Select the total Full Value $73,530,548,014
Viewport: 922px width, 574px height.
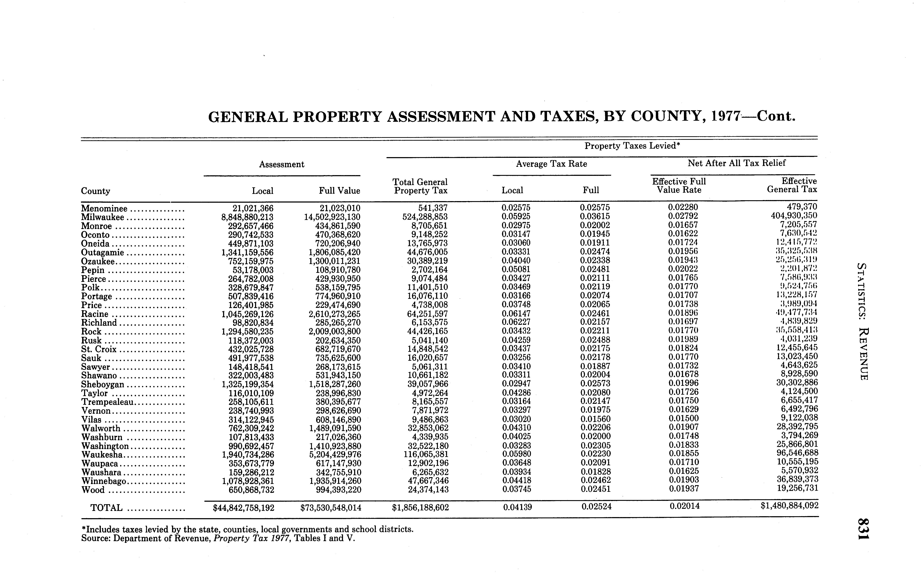coord(330,508)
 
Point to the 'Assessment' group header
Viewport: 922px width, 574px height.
coord(282,164)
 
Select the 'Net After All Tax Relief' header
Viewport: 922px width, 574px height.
coord(737,163)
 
